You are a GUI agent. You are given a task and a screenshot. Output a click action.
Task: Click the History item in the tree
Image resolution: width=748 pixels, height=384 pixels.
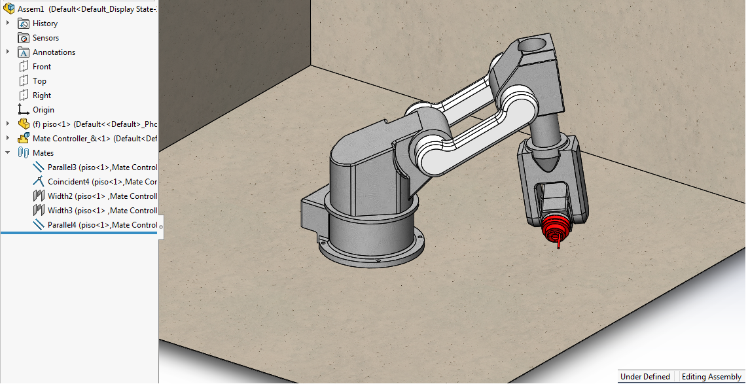[45, 24]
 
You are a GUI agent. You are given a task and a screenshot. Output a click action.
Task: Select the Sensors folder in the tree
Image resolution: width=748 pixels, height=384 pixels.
[45, 38]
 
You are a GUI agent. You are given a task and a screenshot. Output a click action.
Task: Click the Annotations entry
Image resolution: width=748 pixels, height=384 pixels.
[54, 52]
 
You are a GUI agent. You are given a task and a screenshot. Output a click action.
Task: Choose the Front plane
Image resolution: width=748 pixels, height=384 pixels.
[42, 67]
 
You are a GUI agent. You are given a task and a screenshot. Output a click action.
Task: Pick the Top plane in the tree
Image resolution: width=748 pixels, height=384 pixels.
[39, 81]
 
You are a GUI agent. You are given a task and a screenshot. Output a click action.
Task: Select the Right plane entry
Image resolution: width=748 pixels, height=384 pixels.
[42, 96]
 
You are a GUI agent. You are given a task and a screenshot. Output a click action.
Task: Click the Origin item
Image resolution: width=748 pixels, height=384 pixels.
[43, 110]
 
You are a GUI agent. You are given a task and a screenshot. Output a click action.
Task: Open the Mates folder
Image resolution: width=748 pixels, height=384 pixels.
[43, 153]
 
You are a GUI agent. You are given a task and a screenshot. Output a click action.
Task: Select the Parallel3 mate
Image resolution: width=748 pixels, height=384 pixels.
[101, 167]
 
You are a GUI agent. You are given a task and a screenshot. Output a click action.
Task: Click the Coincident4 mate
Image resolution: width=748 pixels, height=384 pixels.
[101, 182]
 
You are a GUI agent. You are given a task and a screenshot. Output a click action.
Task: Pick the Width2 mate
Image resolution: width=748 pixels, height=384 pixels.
[101, 196]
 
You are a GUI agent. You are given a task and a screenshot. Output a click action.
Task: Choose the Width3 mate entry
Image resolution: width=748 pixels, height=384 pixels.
[101, 211]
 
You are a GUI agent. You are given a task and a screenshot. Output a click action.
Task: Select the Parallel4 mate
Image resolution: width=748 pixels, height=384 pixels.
[101, 225]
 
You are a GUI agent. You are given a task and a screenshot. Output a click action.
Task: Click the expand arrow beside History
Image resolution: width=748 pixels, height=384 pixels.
[8, 24]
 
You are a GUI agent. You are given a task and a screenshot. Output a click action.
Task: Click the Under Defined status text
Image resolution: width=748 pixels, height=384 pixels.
[645, 377]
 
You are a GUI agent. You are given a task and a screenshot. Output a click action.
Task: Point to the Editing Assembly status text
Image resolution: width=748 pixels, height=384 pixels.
[711, 377]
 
